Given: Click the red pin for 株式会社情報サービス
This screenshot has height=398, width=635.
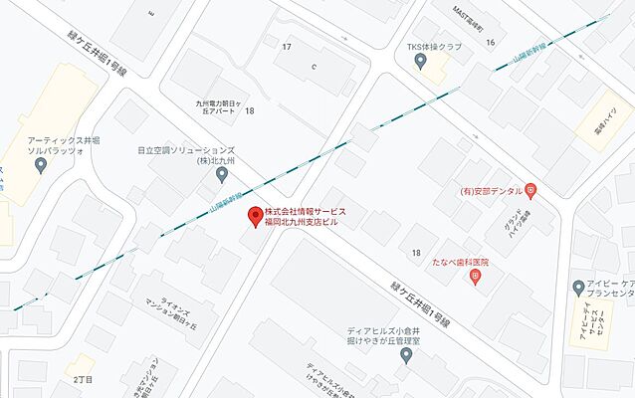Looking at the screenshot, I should (256, 217).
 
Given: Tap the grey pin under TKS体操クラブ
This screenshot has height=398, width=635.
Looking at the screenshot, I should (421, 63).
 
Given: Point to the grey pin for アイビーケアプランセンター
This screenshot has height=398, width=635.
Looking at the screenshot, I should (578, 288).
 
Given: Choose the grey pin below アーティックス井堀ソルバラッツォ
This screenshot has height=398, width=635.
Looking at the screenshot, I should (41, 165).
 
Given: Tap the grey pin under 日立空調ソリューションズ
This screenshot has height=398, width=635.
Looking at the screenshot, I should (222, 175).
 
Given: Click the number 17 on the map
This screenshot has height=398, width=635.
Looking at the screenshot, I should (287, 47).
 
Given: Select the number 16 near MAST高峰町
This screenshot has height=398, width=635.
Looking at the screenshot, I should (490, 42).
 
